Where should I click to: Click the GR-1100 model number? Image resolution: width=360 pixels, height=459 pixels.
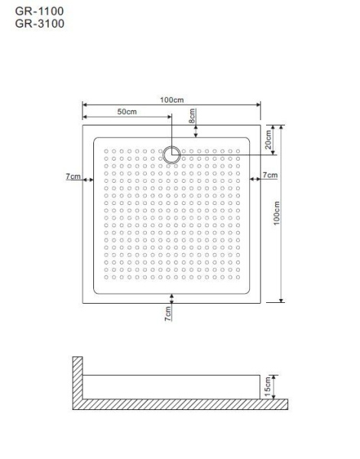tap(40, 11)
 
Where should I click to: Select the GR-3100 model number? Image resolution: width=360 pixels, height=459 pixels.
tap(40, 24)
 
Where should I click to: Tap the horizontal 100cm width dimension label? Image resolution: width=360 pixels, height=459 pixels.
tap(172, 99)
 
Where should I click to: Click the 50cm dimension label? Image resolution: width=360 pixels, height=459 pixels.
tap(127, 112)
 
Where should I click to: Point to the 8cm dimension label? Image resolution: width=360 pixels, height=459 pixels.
tap(192, 116)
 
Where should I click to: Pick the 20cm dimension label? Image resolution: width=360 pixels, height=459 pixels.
tap(268, 139)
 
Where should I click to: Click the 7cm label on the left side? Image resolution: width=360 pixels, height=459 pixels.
tap(73, 177)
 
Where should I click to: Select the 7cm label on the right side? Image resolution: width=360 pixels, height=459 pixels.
tap(270, 175)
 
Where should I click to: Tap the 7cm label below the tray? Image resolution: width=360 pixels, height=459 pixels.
tap(168, 314)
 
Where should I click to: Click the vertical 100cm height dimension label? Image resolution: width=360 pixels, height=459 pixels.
tap(277, 213)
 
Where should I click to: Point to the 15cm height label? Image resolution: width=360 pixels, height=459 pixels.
tap(268, 386)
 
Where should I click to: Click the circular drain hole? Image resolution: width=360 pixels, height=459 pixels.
tap(171, 155)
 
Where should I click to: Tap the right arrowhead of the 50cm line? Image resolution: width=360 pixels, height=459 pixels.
tap(169, 117)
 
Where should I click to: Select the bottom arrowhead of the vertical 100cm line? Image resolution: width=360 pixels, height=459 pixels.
tap(281, 301)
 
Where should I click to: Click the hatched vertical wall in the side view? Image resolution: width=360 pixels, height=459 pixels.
tap(77, 378)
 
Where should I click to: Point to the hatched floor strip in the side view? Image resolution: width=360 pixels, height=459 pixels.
tap(180, 404)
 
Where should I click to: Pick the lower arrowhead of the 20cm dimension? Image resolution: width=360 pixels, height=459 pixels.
tap(273, 152)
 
